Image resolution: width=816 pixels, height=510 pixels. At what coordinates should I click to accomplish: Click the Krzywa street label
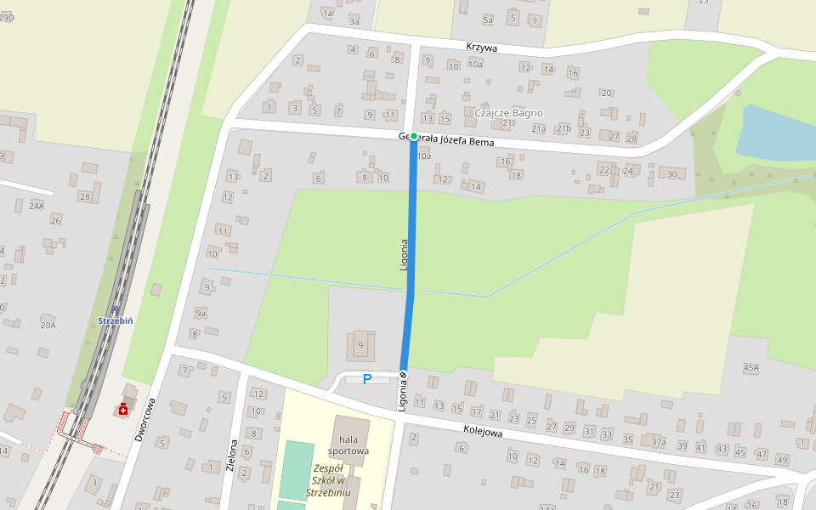[x=481, y=48]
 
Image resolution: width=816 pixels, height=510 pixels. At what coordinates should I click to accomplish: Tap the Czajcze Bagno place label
[x=508, y=112]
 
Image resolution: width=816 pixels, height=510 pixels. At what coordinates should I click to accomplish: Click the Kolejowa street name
[x=484, y=432]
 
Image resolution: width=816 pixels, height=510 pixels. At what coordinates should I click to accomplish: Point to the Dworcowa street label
[x=144, y=420]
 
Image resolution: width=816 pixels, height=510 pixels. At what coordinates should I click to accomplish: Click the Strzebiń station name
[x=117, y=320]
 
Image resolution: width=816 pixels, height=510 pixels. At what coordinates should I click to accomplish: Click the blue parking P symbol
[x=367, y=379]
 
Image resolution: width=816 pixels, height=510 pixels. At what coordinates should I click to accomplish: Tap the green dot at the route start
[x=414, y=136]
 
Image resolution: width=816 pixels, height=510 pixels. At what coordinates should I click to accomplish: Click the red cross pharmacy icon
[x=124, y=411]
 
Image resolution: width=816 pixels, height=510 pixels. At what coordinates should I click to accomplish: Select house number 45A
[x=751, y=368]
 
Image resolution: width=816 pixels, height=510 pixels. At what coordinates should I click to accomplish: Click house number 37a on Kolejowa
[x=658, y=442]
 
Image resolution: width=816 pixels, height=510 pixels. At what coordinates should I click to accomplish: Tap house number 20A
[x=48, y=325]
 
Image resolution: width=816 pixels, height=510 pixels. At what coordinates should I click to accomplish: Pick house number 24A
[x=37, y=206]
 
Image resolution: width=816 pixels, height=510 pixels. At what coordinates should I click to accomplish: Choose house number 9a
[x=201, y=314]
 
